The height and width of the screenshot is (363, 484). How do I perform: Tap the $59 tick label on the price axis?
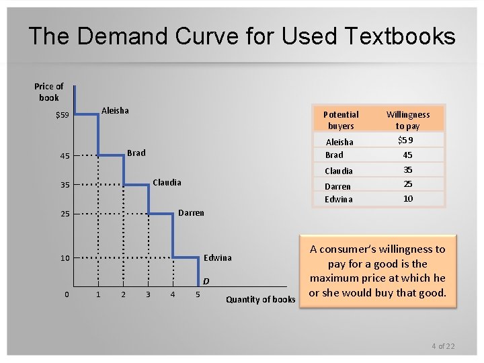click(x=63, y=116)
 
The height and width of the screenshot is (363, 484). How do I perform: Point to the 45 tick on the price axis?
click(x=65, y=157)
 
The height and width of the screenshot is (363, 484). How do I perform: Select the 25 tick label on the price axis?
click(x=65, y=214)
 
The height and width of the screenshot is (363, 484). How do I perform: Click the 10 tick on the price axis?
click(x=65, y=258)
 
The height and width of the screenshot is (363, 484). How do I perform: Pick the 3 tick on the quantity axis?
click(x=148, y=294)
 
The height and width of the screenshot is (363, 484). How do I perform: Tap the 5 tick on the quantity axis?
click(x=198, y=294)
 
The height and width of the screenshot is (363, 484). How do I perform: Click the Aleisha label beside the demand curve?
click(x=115, y=110)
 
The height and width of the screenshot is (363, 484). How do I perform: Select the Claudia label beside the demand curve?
click(x=167, y=182)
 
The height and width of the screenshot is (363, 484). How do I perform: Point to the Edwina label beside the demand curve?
click(x=217, y=257)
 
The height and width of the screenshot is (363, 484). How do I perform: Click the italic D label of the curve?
click(x=206, y=280)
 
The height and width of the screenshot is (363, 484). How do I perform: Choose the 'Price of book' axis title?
click(x=49, y=91)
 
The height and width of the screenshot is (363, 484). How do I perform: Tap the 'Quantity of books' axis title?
click(x=260, y=299)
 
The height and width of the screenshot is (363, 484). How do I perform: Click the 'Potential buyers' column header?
click(x=341, y=120)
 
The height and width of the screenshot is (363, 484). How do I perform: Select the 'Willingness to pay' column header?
click(x=407, y=120)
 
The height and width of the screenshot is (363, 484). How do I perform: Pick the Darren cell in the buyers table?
click(x=337, y=186)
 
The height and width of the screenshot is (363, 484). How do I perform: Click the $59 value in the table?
click(x=405, y=140)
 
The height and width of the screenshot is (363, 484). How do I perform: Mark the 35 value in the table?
click(x=407, y=170)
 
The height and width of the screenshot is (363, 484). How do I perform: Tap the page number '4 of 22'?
click(x=443, y=346)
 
